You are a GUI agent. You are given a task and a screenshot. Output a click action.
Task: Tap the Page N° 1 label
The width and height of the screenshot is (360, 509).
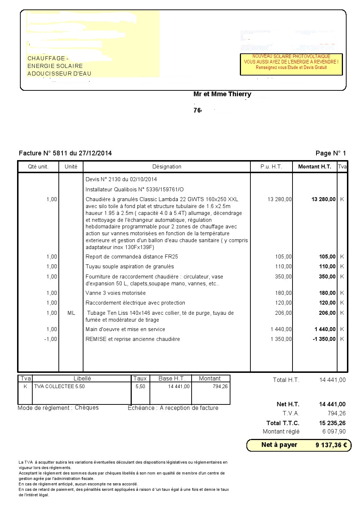[x=331, y=153]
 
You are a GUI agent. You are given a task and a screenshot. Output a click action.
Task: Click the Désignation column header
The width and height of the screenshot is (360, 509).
[x=167, y=167]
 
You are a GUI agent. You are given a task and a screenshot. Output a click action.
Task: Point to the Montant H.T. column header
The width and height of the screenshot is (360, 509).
[x=315, y=167]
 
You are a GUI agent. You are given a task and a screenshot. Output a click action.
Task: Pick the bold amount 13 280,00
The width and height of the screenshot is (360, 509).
[x=323, y=199]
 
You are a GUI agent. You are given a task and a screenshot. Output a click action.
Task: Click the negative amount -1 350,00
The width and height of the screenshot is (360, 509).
[x=324, y=339]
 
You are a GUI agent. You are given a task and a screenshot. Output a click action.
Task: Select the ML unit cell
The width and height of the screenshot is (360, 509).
[x=71, y=313]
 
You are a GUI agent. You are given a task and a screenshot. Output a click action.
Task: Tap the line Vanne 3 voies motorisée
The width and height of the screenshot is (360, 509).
[x=115, y=293]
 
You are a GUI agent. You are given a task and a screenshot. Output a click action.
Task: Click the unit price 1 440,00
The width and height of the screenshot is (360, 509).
[x=281, y=329]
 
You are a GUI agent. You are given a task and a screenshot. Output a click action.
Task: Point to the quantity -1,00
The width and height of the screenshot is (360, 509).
[x=51, y=339]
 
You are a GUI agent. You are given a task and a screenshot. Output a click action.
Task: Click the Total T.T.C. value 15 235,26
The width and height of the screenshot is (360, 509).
[x=332, y=423]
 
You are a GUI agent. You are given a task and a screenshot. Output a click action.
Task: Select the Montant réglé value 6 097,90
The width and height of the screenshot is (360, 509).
[x=334, y=432]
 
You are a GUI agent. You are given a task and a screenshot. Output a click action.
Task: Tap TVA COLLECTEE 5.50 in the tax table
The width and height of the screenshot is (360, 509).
[x=59, y=387]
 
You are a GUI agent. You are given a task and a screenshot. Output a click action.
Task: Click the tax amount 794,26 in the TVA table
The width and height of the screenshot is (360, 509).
[x=220, y=387]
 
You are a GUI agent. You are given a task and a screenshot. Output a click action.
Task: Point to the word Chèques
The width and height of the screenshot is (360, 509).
[x=87, y=408]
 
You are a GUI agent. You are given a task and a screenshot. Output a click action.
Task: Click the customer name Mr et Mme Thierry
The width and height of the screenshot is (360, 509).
[x=222, y=94]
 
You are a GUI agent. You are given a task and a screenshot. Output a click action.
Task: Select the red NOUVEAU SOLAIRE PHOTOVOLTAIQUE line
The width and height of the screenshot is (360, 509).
[x=291, y=57]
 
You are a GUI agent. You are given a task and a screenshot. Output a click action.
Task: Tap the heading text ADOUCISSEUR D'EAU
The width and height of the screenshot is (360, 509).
[x=59, y=74]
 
